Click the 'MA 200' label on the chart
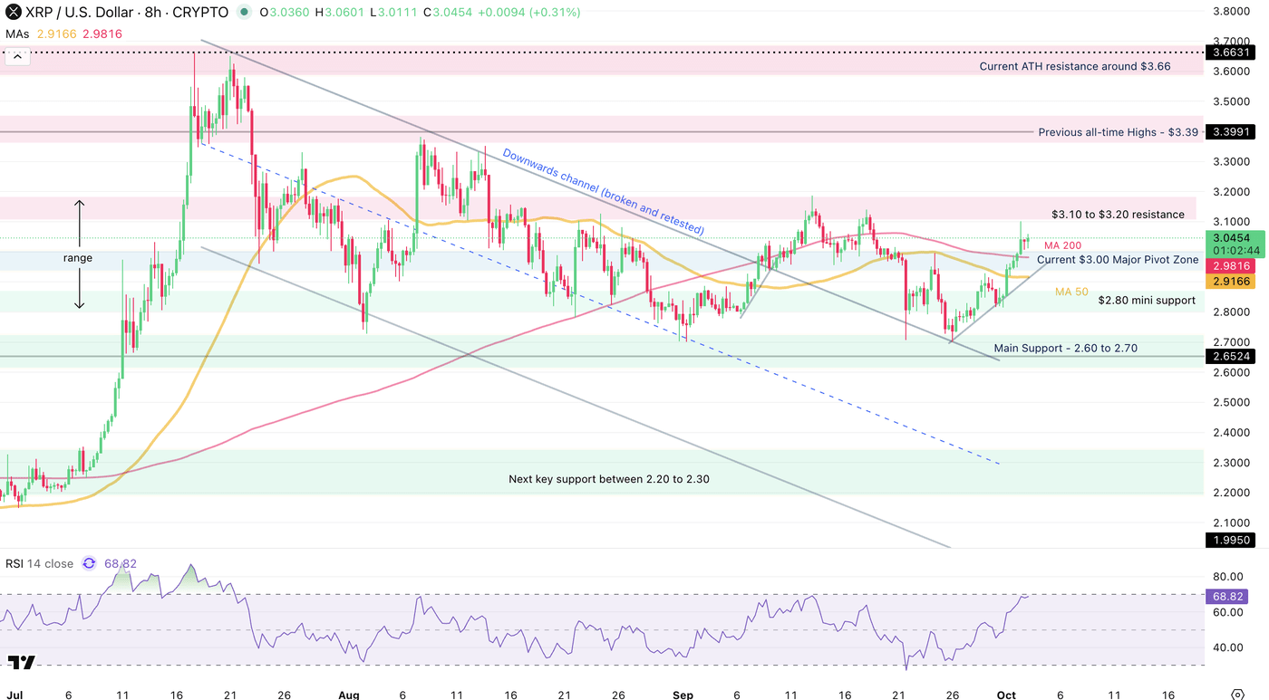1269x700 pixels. (1061, 245)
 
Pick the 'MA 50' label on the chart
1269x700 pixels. (1070, 292)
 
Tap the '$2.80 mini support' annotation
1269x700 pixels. (1146, 301)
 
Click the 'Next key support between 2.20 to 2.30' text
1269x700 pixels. (608, 479)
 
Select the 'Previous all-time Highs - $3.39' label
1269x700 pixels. (1118, 132)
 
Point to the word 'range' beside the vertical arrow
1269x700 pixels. (78, 258)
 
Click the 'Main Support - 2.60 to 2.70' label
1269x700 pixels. (1065, 348)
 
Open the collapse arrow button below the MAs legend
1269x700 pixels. (17, 56)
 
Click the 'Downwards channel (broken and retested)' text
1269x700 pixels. (603, 192)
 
